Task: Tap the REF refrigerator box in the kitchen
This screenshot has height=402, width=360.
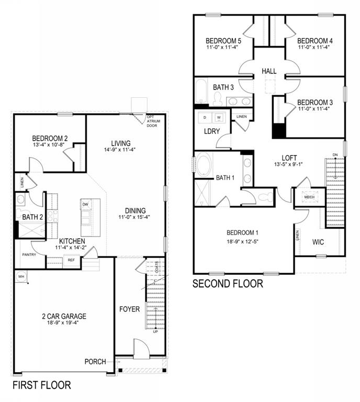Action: coord(71,260)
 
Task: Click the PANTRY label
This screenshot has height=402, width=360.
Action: coord(29,254)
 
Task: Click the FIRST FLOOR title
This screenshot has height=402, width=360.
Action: coord(41,385)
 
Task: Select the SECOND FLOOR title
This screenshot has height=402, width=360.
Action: coord(228,284)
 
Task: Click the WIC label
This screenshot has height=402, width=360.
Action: coord(319,242)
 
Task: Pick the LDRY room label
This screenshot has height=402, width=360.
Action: coord(212,131)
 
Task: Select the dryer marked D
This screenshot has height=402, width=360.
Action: coord(204,117)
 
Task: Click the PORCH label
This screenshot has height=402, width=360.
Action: coord(96,362)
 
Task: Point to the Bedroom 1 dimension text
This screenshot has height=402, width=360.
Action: coord(243,241)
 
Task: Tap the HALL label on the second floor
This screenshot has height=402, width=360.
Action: coord(269,71)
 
